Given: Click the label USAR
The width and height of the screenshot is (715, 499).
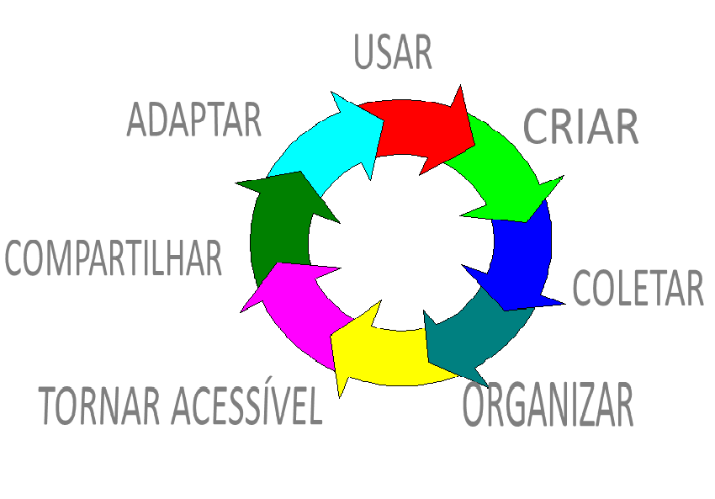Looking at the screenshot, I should click(393, 52).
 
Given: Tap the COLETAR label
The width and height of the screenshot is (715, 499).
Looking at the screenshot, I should click(638, 288).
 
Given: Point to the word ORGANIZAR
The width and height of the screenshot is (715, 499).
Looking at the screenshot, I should click(548, 406).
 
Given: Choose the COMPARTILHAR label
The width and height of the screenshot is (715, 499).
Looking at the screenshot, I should click(114, 258).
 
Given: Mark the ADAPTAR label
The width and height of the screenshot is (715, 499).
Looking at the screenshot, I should click(194, 120).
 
